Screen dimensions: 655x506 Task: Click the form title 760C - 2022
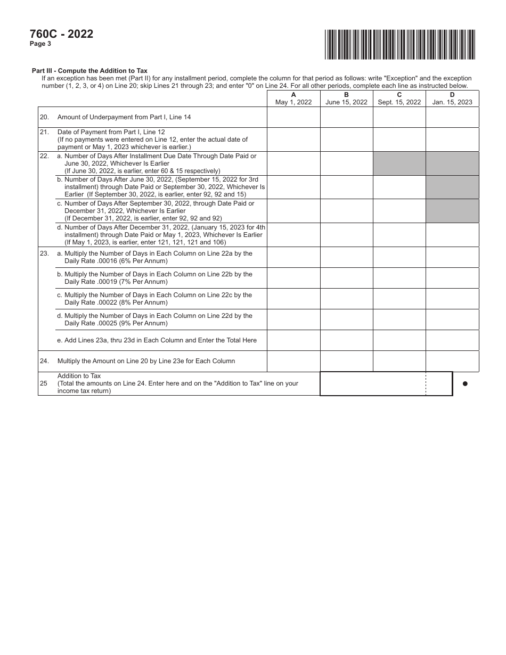(62, 34)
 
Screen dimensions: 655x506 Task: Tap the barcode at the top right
(399, 44)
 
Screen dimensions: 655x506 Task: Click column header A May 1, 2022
(293, 99)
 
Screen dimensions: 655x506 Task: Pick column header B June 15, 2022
(346, 99)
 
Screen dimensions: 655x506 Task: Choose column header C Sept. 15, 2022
(399, 99)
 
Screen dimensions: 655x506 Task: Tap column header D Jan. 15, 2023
(452, 99)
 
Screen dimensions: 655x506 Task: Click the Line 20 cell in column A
(293, 117)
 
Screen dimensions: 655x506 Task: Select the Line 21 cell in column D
(452, 140)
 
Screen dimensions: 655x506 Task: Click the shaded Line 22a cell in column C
(399, 163)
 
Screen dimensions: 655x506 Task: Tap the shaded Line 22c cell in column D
(452, 211)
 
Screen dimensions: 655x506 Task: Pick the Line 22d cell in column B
(346, 235)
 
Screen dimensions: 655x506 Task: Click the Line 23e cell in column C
(399, 340)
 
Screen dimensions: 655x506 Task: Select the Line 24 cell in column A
(293, 361)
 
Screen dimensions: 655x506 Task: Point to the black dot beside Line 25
(465, 383)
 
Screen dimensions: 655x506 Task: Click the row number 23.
(44, 254)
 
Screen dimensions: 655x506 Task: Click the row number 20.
(44, 117)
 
